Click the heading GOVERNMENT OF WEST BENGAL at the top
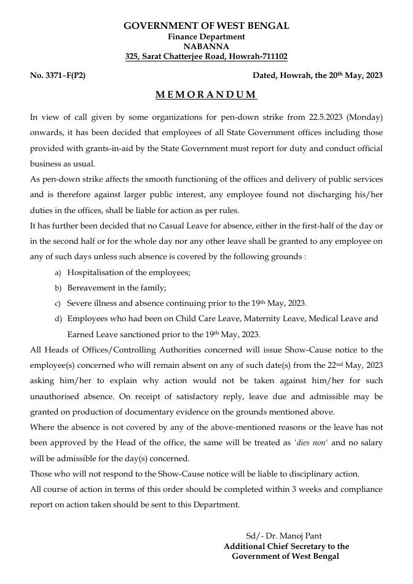206,26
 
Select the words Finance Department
206,37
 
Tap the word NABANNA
206,46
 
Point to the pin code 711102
273,56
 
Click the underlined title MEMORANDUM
206,95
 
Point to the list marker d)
58,319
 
